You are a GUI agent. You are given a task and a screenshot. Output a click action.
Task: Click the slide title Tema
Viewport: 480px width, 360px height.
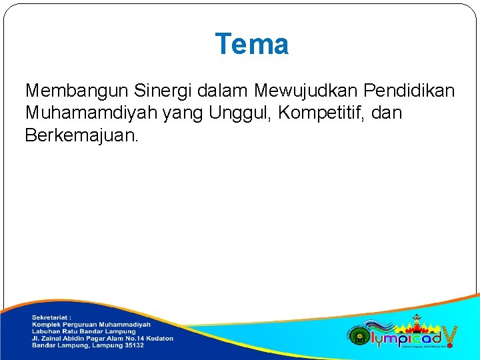tap(251, 45)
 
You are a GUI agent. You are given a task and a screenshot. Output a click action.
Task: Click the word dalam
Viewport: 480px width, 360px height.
tap(223, 90)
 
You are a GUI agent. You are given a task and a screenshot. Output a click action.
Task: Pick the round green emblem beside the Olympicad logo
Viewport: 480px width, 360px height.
tap(357, 335)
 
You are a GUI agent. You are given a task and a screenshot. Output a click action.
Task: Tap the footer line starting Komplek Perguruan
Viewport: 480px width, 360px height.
tap(91, 325)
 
